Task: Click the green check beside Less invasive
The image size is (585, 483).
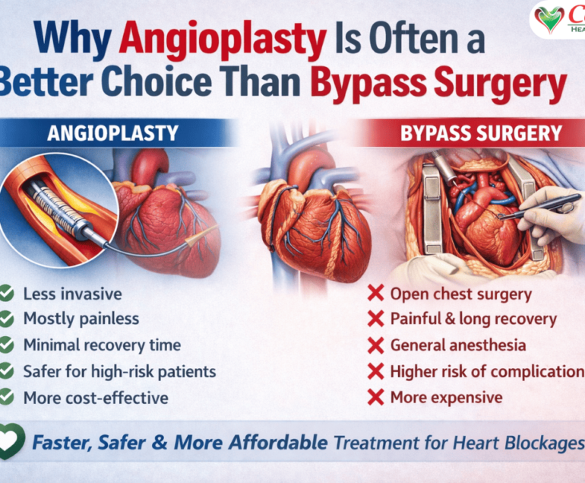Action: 7,293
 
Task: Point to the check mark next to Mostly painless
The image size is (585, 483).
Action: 7,319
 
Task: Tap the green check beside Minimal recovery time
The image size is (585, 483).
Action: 7,345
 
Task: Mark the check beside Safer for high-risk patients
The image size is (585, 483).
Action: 7,371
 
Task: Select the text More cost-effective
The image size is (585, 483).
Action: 96,397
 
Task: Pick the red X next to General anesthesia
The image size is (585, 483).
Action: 375,345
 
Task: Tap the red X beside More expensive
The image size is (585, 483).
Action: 375,397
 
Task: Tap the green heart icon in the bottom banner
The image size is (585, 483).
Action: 11,441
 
